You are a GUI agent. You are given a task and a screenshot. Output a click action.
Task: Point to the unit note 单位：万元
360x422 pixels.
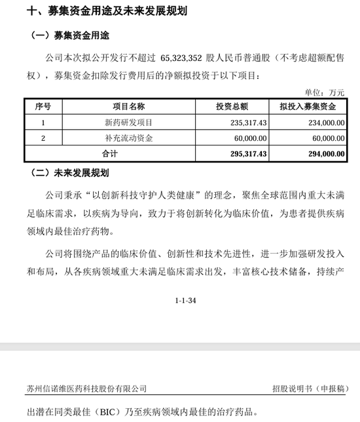click(325, 92)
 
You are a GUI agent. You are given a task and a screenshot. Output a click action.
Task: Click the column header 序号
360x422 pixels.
click(43, 106)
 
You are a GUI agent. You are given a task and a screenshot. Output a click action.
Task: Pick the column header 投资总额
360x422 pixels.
click(232, 106)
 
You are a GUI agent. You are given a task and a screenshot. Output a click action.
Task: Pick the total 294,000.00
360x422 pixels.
click(323, 154)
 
